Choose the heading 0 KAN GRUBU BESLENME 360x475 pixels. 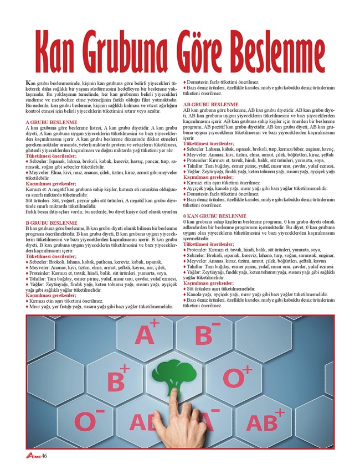click(216, 215)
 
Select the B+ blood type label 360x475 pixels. click(118, 379)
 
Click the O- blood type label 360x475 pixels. click(90, 421)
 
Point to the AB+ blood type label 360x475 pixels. click(265, 421)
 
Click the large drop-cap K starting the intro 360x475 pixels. click(29, 83)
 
